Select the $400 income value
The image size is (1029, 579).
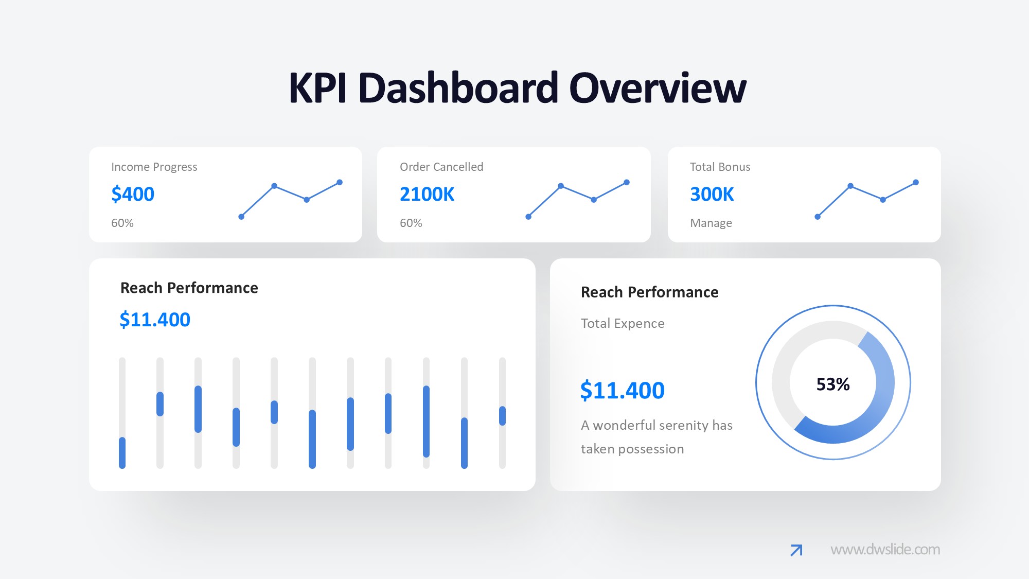[x=133, y=194]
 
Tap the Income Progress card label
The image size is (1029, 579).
[x=154, y=167]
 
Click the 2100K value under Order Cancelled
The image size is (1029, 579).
[x=427, y=194]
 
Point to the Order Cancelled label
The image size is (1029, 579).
[x=441, y=167]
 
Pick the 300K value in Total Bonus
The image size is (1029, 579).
[x=712, y=194]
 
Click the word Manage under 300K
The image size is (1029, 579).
[x=711, y=223]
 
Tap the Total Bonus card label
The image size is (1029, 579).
[x=720, y=167]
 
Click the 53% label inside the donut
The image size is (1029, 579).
[x=832, y=384]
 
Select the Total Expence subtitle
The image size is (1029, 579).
[x=623, y=323]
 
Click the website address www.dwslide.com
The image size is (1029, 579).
[x=885, y=549]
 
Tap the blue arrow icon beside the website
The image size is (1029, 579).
[x=796, y=550]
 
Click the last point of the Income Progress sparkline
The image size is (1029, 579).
[x=340, y=182]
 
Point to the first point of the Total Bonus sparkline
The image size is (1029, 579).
[x=818, y=217]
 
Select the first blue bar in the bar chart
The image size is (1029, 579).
[x=122, y=452]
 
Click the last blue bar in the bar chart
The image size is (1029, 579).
[x=502, y=416]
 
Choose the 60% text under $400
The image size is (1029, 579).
[x=122, y=223]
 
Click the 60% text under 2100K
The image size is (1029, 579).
[x=411, y=223]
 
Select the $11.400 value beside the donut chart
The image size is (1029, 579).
[x=622, y=390]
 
